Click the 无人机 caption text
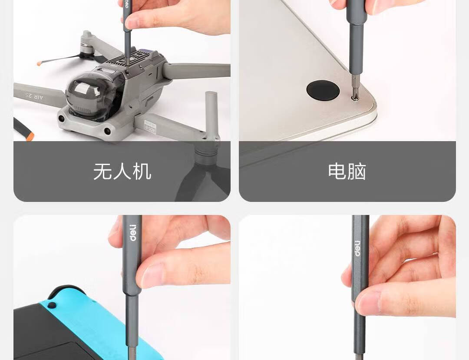click(122, 172)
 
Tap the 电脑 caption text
click(347, 172)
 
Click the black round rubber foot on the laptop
click(323, 90)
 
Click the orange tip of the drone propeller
click(39, 63)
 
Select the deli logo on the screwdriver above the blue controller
click(133, 233)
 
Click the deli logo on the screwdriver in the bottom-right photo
click(357, 248)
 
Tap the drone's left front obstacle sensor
click(62, 119)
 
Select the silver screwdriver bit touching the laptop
click(355, 85)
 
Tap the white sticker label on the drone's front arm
click(150, 127)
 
